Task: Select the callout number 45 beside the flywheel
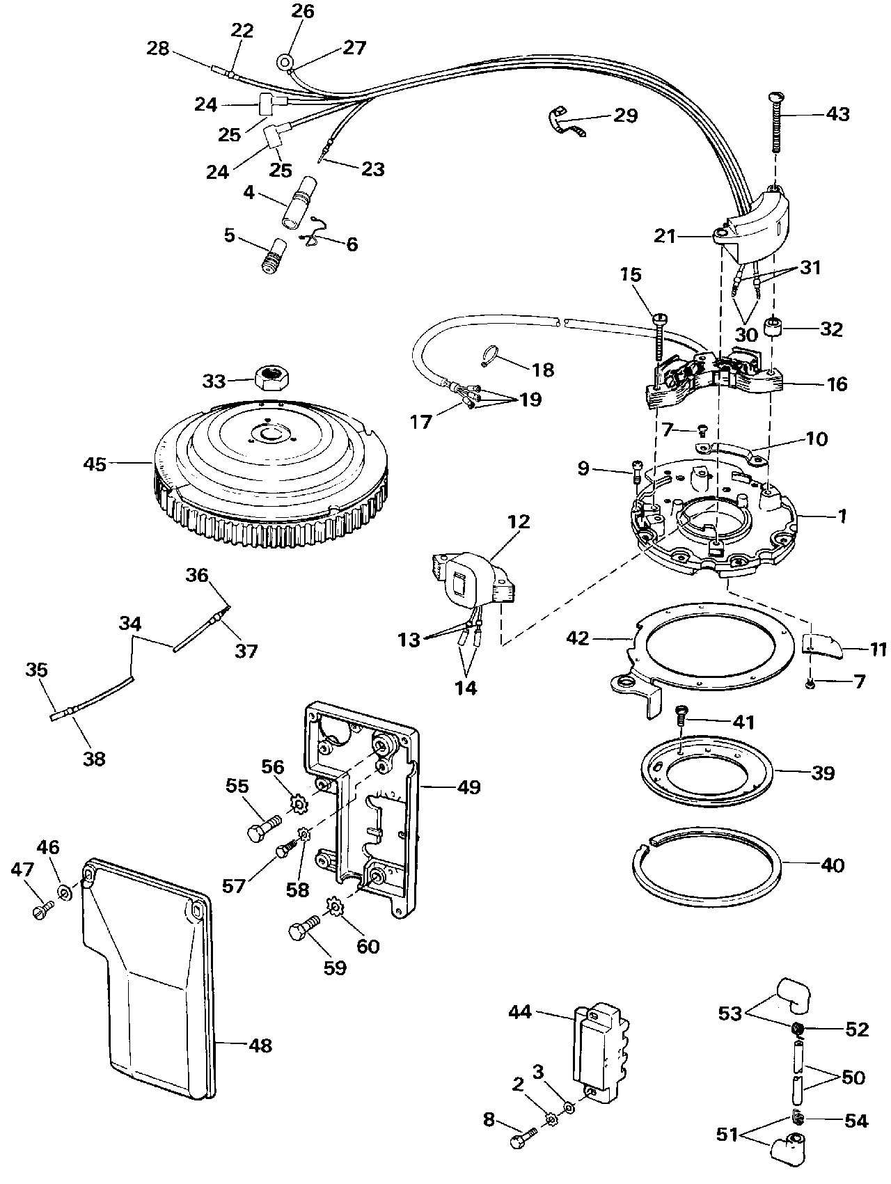click(x=95, y=464)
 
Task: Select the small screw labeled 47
click(x=42, y=910)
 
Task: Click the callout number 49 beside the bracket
click(x=468, y=787)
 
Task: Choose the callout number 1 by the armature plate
click(x=842, y=516)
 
